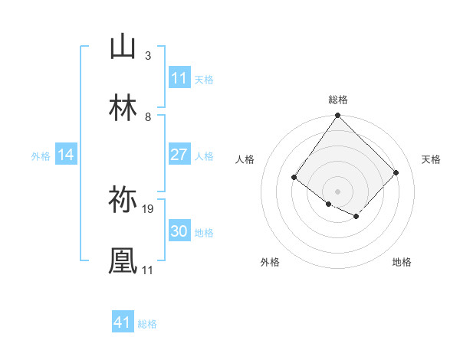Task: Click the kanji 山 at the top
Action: tap(123, 47)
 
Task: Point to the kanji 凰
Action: tap(123, 260)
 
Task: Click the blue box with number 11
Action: tap(179, 78)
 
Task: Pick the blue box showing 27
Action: tap(179, 155)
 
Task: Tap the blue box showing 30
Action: tap(179, 232)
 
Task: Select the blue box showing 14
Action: tap(66, 155)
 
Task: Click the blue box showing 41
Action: tap(123, 322)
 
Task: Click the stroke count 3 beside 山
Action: tap(148, 56)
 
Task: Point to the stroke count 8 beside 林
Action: tap(148, 116)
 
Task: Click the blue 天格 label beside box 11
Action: tap(204, 79)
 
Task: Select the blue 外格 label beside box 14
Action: tap(41, 156)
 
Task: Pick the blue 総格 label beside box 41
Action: tap(147, 324)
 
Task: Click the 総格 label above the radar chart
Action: tap(338, 100)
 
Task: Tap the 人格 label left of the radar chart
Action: tap(245, 159)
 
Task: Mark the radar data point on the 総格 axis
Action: tap(337, 116)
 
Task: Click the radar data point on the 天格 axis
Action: tap(396, 172)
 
